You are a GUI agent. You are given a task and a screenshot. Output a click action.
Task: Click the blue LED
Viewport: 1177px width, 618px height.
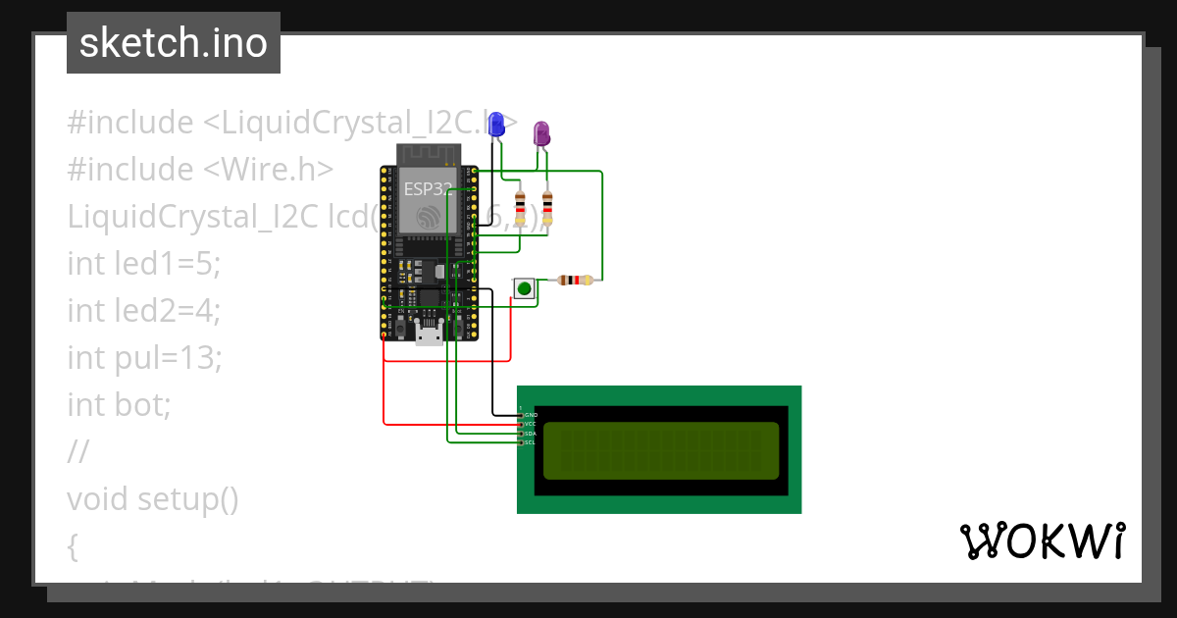pyautogui.click(x=496, y=125)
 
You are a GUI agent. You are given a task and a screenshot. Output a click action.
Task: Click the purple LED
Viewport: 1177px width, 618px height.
pyautogui.click(x=540, y=133)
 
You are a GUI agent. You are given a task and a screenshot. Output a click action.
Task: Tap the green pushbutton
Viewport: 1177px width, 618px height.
pyautogui.click(x=525, y=288)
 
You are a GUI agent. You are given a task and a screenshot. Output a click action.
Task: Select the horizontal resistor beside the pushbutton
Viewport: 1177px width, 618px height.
pyautogui.click(x=575, y=281)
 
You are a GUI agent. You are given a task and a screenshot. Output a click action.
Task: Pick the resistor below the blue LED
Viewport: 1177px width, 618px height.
pyautogui.click(x=520, y=207)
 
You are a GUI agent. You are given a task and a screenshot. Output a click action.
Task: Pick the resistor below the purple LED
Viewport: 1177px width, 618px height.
pyautogui.click(x=547, y=207)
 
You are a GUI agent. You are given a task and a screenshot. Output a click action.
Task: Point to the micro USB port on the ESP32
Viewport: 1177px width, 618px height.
pyautogui.click(x=429, y=335)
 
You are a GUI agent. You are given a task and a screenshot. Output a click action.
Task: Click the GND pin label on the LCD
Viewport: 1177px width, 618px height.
pyautogui.click(x=531, y=415)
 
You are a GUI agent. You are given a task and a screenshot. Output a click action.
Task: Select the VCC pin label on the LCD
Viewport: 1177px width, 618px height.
pyautogui.click(x=530, y=424)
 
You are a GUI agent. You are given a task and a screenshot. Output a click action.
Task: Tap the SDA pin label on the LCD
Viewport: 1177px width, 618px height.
pyautogui.click(x=530, y=434)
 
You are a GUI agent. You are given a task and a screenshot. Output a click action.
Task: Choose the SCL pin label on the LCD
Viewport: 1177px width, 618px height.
pyautogui.click(x=530, y=442)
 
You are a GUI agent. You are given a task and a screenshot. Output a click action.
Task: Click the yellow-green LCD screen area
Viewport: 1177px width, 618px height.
pyautogui.click(x=660, y=450)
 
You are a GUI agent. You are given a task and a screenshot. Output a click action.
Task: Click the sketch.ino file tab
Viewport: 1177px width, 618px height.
pyautogui.click(x=174, y=43)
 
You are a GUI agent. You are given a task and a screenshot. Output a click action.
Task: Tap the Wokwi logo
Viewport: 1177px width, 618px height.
pyautogui.click(x=1042, y=541)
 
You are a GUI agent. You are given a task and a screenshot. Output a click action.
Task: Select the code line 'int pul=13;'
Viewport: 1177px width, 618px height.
pyautogui.click(x=145, y=357)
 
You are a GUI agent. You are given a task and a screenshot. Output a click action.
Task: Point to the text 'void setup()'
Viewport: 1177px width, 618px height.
pyautogui.click(x=153, y=498)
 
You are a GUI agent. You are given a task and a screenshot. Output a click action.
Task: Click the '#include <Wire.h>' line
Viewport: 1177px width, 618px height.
pyautogui.click(x=200, y=169)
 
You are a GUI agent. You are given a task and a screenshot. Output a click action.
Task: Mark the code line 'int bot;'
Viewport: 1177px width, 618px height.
pyautogui.click(x=119, y=404)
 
